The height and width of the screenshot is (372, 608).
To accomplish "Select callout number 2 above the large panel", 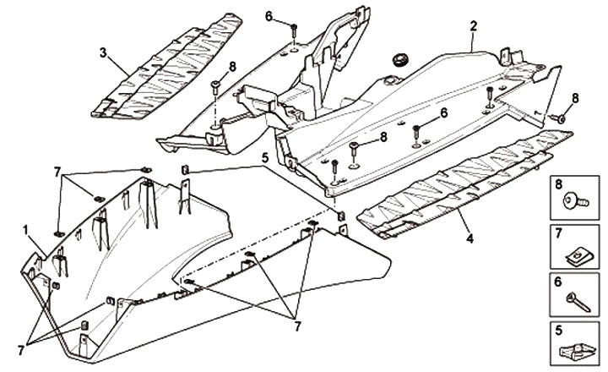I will click(x=474, y=26).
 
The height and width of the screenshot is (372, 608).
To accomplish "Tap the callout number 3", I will click(x=102, y=52).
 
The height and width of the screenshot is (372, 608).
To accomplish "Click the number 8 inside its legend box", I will click(x=558, y=183).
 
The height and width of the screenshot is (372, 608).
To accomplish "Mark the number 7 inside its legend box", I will click(x=558, y=232).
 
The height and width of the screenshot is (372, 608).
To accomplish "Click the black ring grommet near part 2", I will click(x=399, y=60).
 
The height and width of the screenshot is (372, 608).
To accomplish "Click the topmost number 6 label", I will click(x=269, y=16).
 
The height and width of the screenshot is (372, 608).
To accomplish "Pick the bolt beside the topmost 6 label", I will click(x=291, y=32).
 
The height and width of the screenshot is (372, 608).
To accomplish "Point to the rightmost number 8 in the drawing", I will click(x=575, y=98).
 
